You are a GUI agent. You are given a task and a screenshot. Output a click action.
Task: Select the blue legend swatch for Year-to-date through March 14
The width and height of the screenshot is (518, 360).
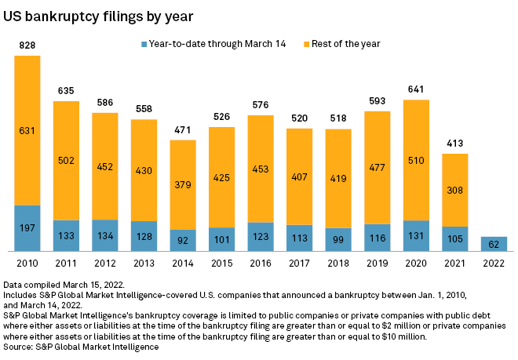click(x=144, y=44)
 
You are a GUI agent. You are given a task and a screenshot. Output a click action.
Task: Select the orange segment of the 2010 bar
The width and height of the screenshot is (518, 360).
click(x=27, y=130)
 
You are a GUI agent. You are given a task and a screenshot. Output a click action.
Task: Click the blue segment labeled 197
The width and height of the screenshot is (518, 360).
click(x=27, y=228)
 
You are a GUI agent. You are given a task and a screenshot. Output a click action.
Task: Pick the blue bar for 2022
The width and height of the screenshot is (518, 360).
click(x=494, y=244)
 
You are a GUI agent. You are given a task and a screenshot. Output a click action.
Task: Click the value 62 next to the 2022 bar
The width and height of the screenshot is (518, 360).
click(x=494, y=244)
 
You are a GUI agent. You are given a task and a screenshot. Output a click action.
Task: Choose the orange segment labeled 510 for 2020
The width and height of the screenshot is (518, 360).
click(x=416, y=160)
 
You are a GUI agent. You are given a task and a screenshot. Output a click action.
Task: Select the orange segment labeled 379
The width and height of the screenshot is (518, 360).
click(x=183, y=184)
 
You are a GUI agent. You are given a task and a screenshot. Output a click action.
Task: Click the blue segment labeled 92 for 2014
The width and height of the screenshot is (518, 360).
click(x=183, y=241)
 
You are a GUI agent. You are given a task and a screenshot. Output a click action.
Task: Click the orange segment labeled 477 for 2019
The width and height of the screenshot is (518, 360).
click(x=377, y=167)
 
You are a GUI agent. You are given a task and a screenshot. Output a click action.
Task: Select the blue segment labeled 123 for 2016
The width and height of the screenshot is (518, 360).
click(x=261, y=237)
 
